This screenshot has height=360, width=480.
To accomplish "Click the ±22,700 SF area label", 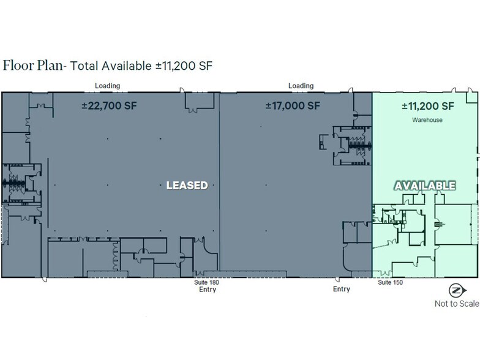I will pos(109,105).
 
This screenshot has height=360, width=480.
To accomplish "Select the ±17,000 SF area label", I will pos(293,105).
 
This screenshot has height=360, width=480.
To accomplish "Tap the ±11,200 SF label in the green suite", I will pos(427,106).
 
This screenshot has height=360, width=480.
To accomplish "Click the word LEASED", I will pos(187,185).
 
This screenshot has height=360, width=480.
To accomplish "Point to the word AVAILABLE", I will pos(426,186).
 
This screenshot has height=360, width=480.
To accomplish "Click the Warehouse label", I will pos(428,121).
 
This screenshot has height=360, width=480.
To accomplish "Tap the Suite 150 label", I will pos(390,282).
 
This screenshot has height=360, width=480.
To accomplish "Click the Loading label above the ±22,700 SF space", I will pos(107,86).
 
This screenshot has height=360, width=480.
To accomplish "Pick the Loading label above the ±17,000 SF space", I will pos(301,86).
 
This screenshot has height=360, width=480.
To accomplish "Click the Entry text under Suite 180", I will pos(207,290).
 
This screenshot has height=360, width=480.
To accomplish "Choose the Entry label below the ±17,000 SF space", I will pos(342,290).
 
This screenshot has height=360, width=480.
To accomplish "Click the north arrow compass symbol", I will pos(456,291).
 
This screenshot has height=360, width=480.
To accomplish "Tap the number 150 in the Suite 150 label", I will pos(397,282).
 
